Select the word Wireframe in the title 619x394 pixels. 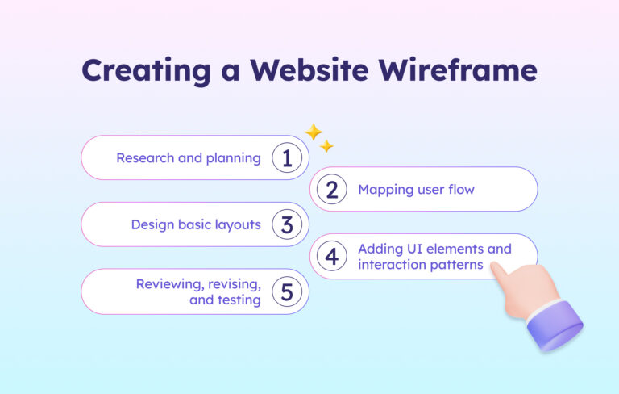[465, 71]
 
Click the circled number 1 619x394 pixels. [286, 157]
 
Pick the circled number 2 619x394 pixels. [331, 190]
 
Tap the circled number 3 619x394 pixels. [286, 224]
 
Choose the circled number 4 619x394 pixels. [331, 257]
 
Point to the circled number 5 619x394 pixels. [286, 291]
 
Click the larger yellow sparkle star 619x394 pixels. [313, 132]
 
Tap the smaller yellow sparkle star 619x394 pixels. [326, 146]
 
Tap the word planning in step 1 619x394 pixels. [232, 158]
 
